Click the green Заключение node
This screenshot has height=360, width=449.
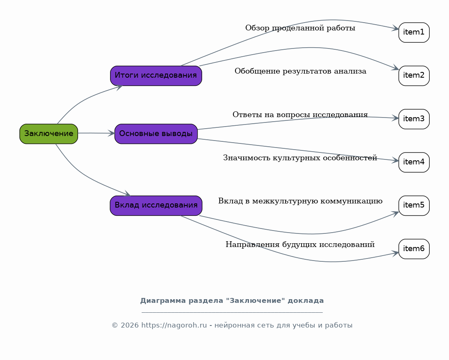pos(48,134)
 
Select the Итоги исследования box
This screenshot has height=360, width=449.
pos(156,76)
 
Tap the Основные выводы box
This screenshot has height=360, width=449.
pos(156,134)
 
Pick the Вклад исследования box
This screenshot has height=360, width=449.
pos(156,205)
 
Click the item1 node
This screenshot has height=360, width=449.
pos(414,32)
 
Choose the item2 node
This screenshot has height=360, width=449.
pos(414,76)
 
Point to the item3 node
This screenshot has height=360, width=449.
pos(414,119)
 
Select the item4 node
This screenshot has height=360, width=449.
pos(414,162)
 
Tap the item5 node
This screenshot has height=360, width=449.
pos(414,205)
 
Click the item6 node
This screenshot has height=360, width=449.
pos(414,249)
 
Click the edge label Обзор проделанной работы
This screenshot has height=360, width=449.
pos(300,28)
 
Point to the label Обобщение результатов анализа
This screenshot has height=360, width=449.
pos(300,72)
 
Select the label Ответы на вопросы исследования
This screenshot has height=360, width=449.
pos(300,115)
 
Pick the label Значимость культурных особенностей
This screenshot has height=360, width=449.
pos(300,158)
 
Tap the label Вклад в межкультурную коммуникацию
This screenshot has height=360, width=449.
pos(300,201)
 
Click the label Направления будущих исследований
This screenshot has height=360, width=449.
pos(300,245)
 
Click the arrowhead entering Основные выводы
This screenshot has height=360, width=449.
pos(111,133)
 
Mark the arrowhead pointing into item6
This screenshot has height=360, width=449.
pos(395,253)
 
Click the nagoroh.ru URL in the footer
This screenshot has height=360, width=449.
pos(174,325)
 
